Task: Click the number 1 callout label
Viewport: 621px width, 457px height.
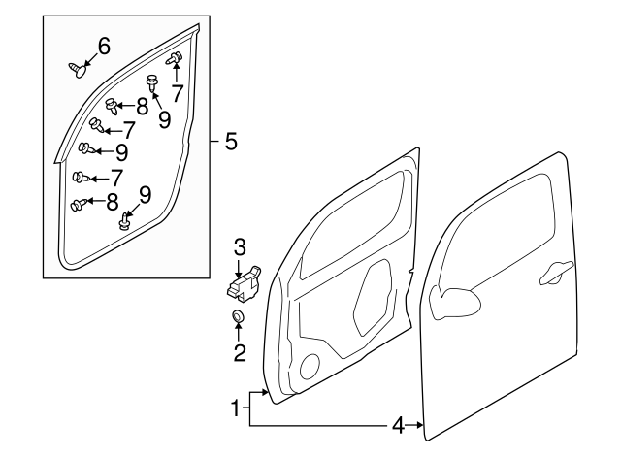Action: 234,408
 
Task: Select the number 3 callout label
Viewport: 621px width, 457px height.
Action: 239,246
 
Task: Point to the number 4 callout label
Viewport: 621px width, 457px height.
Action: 398,425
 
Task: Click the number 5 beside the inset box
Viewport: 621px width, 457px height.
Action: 230,142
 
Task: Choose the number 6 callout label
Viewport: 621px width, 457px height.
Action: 103,45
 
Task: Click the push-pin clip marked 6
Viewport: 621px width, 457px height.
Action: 79,67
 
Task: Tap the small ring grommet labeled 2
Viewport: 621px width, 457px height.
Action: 239,318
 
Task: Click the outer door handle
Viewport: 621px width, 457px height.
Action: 555,273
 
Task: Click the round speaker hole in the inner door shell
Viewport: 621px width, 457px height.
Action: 310,367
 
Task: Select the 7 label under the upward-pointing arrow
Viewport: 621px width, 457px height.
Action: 177,93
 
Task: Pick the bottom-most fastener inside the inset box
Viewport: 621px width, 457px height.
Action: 124,223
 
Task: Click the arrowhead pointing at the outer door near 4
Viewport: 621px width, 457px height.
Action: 418,425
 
